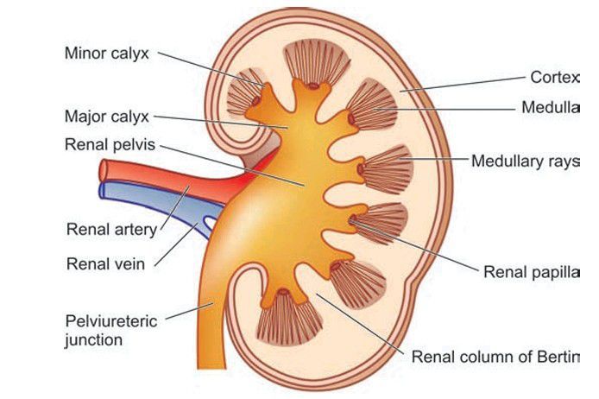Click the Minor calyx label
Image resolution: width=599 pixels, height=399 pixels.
pos(107,54)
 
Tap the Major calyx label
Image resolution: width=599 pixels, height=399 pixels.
pos(107,115)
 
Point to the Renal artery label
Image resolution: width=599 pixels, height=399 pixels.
pos(110,230)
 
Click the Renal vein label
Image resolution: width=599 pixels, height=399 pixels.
pos(105,263)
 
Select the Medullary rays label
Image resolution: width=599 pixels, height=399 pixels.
pos(523,161)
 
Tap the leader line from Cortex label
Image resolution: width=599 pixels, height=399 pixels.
pos(466,83)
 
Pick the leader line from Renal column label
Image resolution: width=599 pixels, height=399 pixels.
pos(363,324)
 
